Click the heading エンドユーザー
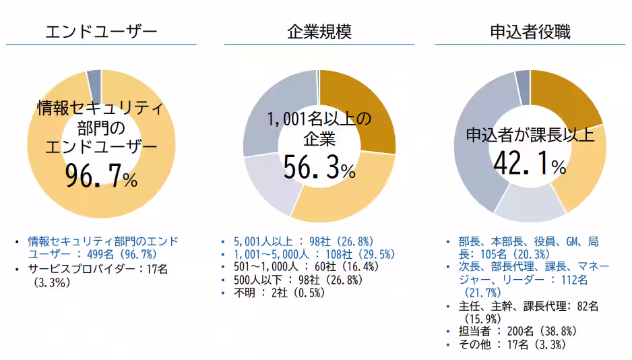pyautogui.click(x=101, y=32)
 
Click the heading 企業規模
pyautogui.click(x=319, y=32)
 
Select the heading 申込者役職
pyautogui.click(x=530, y=32)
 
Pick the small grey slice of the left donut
pyautogui.click(x=94, y=80)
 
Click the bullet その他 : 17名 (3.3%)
pyautogui.click(x=512, y=344)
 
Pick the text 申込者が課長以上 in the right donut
pyautogui.click(x=530, y=134)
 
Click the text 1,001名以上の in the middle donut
pyautogui.click(x=319, y=119)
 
